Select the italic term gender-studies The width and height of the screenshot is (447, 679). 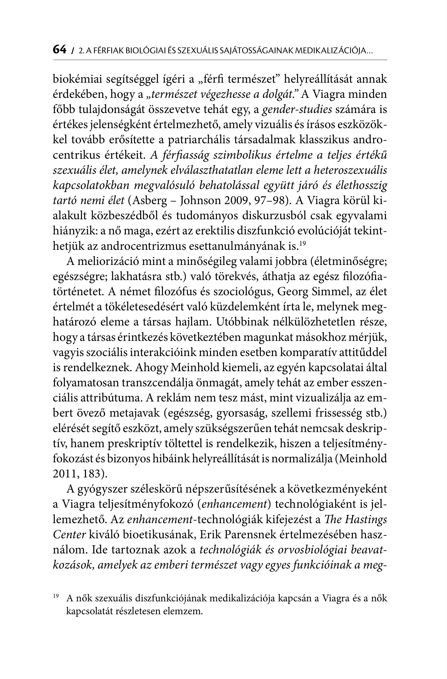(297, 110)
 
